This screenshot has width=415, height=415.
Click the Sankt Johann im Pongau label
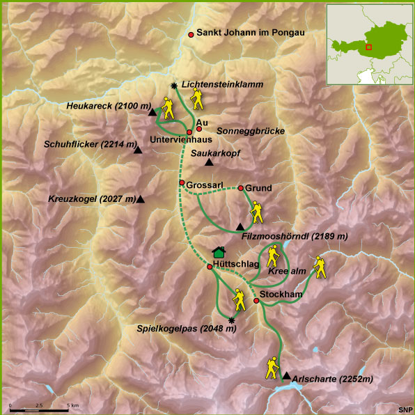click(251, 33)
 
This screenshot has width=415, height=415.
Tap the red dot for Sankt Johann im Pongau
click(191, 33)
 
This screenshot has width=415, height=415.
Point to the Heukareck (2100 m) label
click(109, 106)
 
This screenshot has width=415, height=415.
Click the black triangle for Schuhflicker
click(139, 150)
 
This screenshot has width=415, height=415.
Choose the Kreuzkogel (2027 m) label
click(92, 199)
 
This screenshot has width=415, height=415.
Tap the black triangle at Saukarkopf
click(209, 163)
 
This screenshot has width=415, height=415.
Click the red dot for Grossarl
click(182, 183)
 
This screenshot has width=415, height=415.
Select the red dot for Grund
click(240, 188)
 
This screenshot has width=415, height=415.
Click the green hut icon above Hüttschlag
click(219, 252)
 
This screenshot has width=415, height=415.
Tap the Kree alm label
click(288, 272)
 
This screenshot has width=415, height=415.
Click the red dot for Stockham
click(256, 301)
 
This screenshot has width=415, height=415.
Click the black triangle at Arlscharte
click(286, 376)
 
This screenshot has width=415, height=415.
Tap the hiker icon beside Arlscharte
click(272, 368)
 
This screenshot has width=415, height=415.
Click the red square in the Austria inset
click(368, 47)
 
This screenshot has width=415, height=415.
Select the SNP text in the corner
click(405, 409)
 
